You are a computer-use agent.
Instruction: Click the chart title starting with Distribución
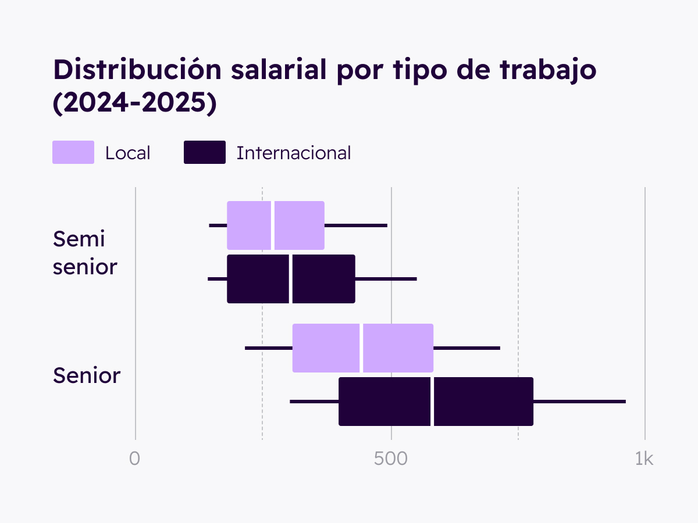pyautogui.click(x=325, y=70)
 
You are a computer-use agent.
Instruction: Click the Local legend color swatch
pyautogui.click(x=73, y=152)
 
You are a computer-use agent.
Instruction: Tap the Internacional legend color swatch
pyautogui.click(x=205, y=152)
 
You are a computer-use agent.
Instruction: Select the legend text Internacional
pyautogui.click(x=294, y=153)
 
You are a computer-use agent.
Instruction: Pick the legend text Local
pyautogui.click(x=127, y=153)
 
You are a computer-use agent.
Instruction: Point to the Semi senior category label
pyautogui.click(x=85, y=253)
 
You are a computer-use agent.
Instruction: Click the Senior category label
pyautogui.click(x=87, y=375)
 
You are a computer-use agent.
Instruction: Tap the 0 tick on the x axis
pyautogui.click(x=135, y=459)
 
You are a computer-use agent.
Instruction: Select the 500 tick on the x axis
pyautogui.click(x=391, y=459)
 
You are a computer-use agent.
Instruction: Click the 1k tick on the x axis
pyautogui.click(x=644, y=459)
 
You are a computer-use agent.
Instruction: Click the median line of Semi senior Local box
pyautogui.click(x=272, y=225)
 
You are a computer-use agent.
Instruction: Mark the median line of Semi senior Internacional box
pyautogui.click(x=290, y=279)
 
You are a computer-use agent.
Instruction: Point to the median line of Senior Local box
pyautogui.click(x=361, y=348)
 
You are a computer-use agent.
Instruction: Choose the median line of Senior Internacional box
pyautogui.click(x=432, y=402)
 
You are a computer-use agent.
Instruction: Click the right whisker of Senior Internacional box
pyautogui.click(x=579, y=402)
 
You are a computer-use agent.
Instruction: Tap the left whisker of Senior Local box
pyautogui.click(x=269, y=348)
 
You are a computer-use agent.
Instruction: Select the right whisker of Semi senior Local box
pyautogui.click(x=356, y=225)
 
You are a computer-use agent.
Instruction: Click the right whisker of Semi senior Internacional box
pyautogui.click(x=386, y=279)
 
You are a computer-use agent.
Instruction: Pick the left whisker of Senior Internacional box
pyautogui.click(x=314, y=402)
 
